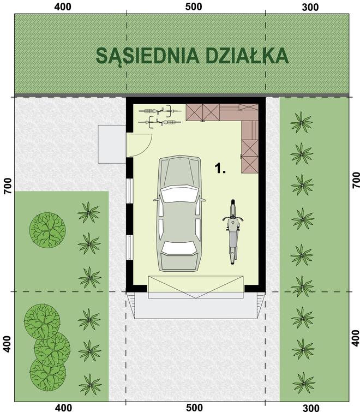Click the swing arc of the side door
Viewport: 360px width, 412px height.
[x=143, y=143]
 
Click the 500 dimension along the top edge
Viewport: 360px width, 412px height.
[x=194, y=7]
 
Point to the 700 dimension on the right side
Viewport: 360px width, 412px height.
[x=356, y=180]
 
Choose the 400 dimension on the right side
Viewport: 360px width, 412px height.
[x=356, y=339]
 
